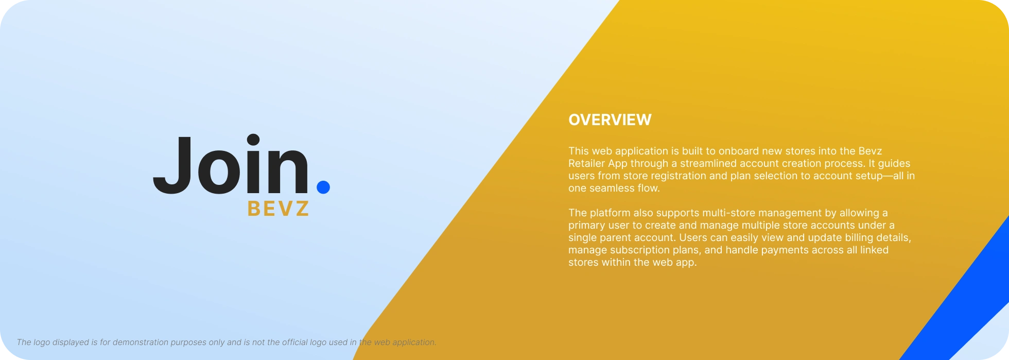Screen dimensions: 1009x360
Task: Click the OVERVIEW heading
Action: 610,120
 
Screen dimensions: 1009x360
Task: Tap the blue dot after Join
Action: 323,187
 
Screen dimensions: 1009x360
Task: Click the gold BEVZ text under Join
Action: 279,209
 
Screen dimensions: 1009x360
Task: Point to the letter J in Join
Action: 173,165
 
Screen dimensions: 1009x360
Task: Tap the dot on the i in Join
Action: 253,140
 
